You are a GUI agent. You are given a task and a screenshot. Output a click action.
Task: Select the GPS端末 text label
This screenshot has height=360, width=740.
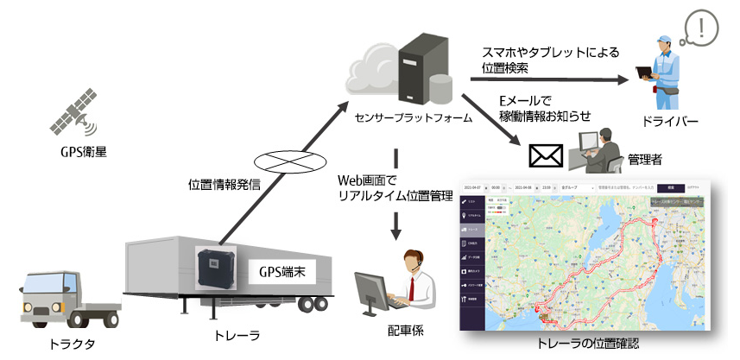pos(282,271)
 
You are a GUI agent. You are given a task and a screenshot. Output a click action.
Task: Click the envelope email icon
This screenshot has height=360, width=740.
pos(545,155)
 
